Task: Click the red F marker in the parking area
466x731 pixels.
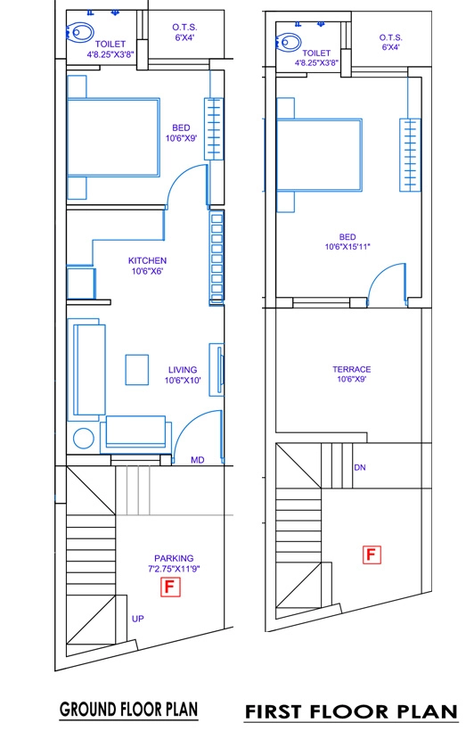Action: point(170,587)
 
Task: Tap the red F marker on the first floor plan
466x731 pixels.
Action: point(372,554)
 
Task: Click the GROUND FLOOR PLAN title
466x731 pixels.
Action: point(128,709)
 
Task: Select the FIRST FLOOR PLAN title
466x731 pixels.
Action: point(351,712)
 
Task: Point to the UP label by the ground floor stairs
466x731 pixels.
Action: point(137,619)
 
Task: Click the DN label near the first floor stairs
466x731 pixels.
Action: point(360,467)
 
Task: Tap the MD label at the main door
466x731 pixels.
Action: point(198,460)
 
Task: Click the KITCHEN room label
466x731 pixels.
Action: point(147,260)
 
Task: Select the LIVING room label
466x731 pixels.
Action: point(183,370)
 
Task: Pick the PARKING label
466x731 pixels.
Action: point(174,558)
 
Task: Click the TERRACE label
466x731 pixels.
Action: point(351,369)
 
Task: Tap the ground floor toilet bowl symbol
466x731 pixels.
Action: point(79,33)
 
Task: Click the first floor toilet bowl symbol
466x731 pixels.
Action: point(288,43)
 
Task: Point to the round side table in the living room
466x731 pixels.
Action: point(84,439)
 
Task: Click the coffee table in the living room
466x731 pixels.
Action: point(137,370)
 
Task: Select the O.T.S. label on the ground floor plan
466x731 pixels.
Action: point(184,28)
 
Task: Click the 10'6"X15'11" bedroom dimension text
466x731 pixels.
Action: point(347,247)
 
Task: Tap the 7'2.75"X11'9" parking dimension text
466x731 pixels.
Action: point(174,569)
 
